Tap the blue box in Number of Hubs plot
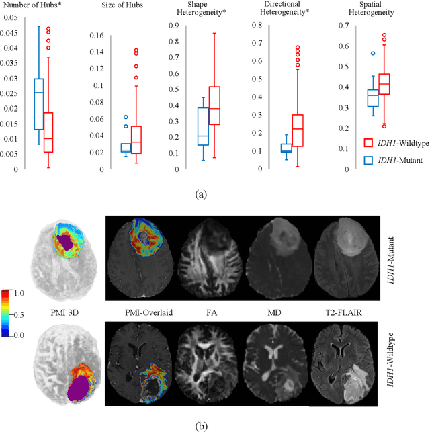coord(38,104)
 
